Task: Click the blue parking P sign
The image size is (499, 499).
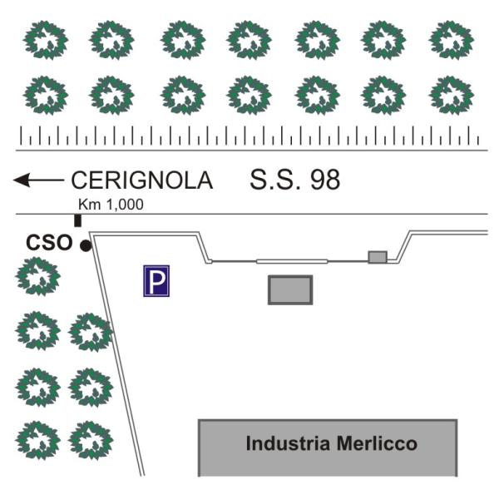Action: pos(156,281)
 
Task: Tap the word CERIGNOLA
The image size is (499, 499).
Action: pos(142,180)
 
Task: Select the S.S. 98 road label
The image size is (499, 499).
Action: pos(295,180)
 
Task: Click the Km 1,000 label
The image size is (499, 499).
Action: pos(111,205)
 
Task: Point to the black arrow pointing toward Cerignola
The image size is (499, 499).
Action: pos(38,180)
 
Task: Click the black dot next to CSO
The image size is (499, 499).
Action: pos(86,245)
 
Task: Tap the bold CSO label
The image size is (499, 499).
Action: pos(49,243)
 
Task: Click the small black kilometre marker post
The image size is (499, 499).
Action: pos(77,221)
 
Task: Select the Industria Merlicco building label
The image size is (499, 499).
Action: pos(331,443)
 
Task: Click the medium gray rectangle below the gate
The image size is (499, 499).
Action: pos(290,290)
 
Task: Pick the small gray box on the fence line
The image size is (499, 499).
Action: pos(378,257)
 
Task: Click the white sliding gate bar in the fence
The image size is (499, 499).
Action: pos(292,262)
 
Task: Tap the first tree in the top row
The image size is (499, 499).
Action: pos(46,40)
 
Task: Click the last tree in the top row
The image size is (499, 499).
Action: pos(452,40)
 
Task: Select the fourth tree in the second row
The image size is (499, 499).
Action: pos(249,95)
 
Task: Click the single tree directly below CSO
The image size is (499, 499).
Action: pos(38,276)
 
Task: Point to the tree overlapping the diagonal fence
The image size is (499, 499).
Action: pos(91,332)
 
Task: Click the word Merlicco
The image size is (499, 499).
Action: pos(377,443)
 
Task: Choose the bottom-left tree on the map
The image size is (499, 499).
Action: pos(38,441)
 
